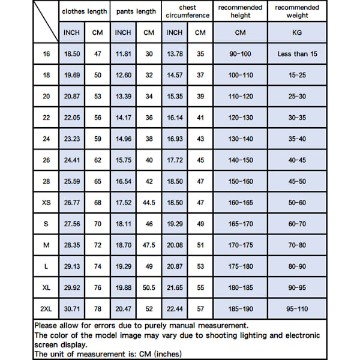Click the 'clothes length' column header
(84, 11)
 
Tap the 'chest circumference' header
(187, 11)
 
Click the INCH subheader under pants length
(123, 32)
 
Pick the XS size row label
(46, 203)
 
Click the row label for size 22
(46, 118)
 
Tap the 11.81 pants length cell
(123, 54)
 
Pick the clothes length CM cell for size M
(97, 245)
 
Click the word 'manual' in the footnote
(203, 325)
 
